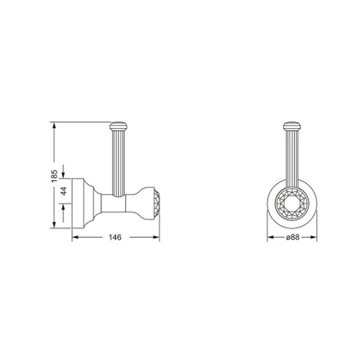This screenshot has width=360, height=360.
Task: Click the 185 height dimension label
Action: [x=54, y=176]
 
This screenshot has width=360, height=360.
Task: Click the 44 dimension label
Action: [x=64, y=191]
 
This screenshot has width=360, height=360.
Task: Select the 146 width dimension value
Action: [x=115, y=237]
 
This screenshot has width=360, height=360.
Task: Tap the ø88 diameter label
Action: [x=293, y=237]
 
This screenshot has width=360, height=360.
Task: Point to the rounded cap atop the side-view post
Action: [x=118, y=126]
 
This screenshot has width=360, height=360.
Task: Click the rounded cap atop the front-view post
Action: [x=292, y=126]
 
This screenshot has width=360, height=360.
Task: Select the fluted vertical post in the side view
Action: [x=118, y=163]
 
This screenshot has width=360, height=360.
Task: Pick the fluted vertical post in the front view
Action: [x=292, y=158]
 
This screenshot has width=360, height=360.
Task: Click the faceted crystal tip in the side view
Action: [x=157, y=203]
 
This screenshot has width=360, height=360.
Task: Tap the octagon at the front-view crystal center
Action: [x=292, y=204]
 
